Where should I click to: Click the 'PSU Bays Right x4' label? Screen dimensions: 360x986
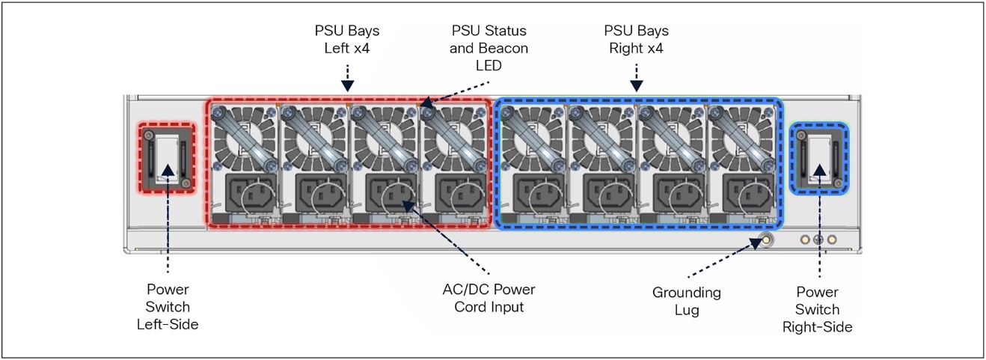pyautogui.click(x=636, y=40)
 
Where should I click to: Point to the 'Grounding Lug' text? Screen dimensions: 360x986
pyautogui.click(x=687, y=301)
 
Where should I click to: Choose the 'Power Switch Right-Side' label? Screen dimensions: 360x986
pyautogui.click(x=817, y=309)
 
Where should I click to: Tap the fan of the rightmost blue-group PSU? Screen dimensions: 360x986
pyautogui.click(x=738, y=138)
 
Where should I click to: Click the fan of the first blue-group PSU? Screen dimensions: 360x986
pyautogui.click(x=530, y=138)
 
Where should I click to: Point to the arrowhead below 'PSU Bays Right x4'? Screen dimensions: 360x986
pyautogui.click(x=636, y=86)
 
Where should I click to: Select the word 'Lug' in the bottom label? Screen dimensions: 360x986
pyautogui.click(x=687, y=310)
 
